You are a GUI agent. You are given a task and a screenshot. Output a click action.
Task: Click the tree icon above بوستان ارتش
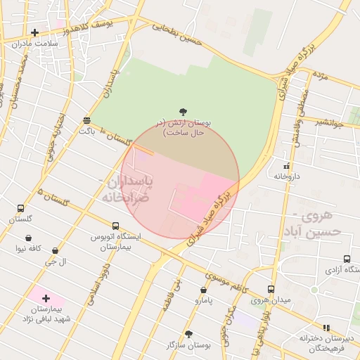click(184, 111)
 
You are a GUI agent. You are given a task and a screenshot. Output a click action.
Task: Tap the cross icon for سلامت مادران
click(34, 32)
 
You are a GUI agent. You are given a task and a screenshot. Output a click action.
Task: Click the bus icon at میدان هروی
click(271, 289)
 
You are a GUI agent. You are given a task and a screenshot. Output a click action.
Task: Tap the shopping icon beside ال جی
click(55, 250)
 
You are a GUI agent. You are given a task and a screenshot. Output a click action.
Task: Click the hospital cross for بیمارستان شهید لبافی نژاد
click(46, 298)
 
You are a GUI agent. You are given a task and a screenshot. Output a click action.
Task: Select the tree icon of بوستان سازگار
click(188, 334)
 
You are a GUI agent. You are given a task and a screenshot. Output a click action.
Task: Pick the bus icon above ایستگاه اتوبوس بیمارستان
click(115, 226)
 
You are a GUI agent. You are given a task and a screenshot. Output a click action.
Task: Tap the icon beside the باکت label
click(86, 120)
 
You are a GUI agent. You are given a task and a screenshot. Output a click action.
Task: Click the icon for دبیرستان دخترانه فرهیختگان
click(326, 328)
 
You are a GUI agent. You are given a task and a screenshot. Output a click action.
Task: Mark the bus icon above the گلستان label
click(20, 209)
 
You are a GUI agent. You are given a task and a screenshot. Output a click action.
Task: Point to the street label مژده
click(321, 75)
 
